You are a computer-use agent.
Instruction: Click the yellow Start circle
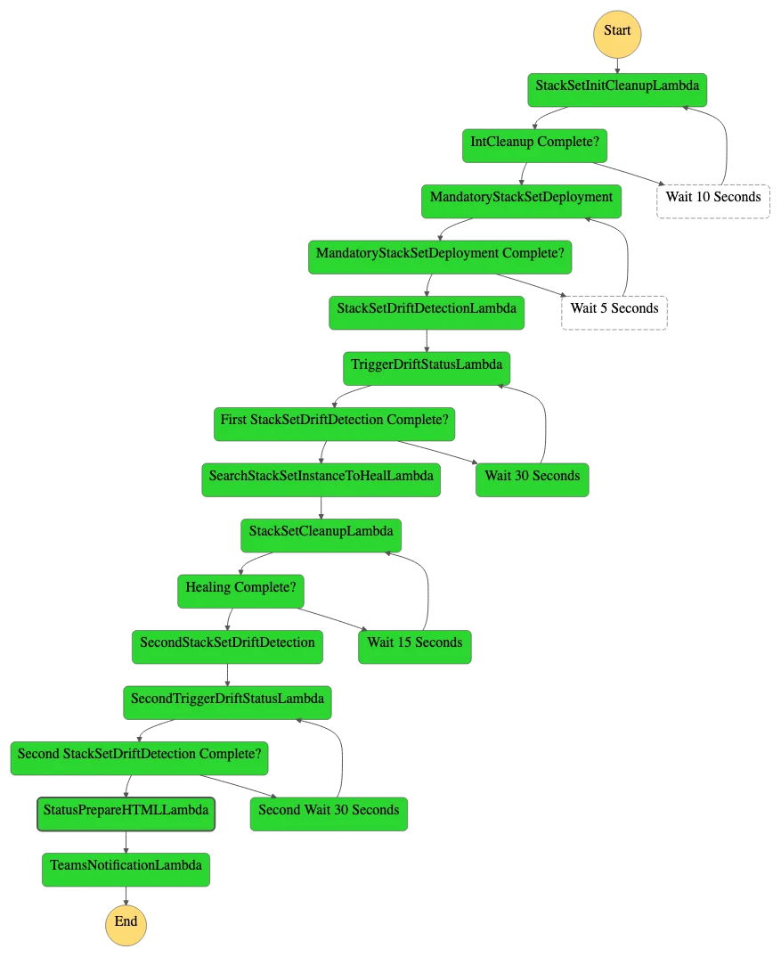point(617,34)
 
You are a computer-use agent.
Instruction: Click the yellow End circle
point(126,925)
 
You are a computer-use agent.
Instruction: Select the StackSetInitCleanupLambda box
point(617,90)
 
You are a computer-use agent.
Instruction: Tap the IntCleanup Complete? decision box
point(534,146)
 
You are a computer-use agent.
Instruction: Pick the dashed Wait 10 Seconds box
point(712,201)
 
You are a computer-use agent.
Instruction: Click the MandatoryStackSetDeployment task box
point(521,201)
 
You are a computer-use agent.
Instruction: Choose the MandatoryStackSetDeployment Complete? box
point(440,257)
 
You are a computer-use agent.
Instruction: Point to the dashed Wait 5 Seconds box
point(614,313)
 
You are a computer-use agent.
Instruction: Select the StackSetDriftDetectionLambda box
point(427,313)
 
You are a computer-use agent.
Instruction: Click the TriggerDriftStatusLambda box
point(427,369)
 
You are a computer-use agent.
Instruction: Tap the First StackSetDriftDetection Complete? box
point(334,424)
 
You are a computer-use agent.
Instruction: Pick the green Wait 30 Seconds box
point(532,480)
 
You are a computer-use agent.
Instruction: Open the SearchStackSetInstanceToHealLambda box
point(321,480)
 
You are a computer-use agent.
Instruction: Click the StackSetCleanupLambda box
point(321,536)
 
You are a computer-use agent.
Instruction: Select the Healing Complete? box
point(240,592)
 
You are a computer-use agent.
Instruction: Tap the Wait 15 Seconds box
point(415,647)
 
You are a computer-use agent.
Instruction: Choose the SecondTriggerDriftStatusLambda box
point(227,702)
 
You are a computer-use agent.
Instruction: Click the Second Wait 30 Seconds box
point(329,814)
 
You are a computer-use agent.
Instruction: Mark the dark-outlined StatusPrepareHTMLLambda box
point(126,814)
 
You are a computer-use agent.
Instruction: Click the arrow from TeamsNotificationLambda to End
point(126,896)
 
